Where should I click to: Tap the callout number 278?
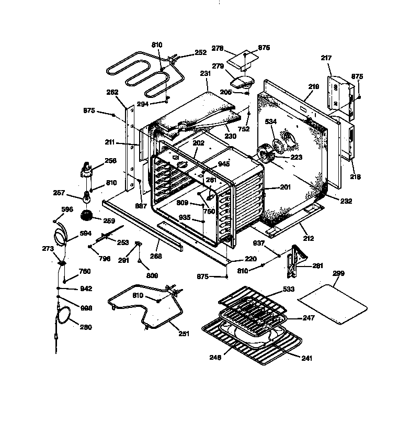(218, 48)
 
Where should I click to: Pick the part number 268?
(155, 256)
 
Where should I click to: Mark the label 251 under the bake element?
(183, 334)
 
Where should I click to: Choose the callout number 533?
(289, 289)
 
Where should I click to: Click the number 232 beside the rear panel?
(346, 201)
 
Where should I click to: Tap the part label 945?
(224, 164)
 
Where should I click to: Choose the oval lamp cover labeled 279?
(242, 82)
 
